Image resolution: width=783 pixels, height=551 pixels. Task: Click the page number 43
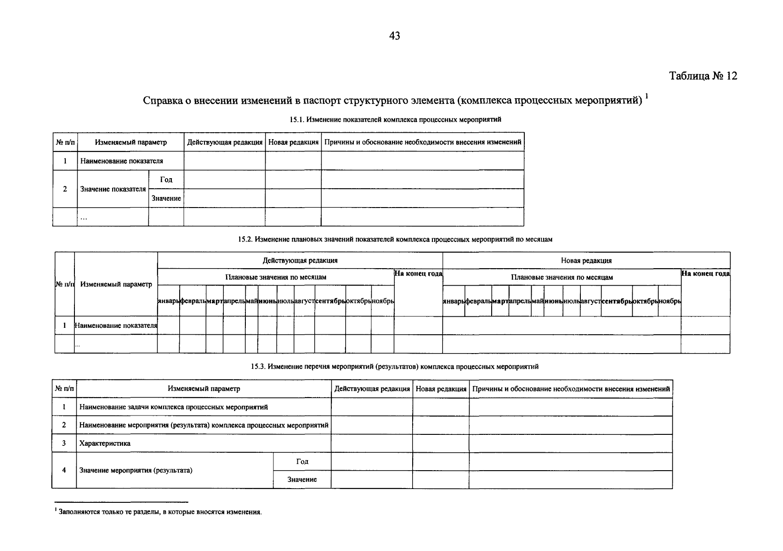[394, 36]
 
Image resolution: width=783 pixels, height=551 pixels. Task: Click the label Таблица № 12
[703, 76]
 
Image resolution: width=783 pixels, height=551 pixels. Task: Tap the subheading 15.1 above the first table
[395, 119]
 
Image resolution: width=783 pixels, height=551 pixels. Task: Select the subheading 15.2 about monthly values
[395, 240]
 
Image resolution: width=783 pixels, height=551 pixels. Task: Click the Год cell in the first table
[166, 180]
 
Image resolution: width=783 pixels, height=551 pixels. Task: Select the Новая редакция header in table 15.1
[293, 142]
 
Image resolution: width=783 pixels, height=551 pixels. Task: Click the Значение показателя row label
[113, 189]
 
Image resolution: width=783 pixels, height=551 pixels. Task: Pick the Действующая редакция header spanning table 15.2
[300, 260]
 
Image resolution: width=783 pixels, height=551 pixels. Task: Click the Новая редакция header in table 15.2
[586, 260]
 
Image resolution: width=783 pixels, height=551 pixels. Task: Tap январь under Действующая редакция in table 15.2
[168, 301]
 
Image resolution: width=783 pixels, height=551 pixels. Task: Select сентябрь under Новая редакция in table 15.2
[617, 301]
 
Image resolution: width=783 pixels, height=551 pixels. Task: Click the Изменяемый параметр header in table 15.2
[116, 284]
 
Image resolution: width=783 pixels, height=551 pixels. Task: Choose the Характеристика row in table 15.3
[105, 444]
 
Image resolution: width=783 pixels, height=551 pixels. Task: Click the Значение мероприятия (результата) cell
[136, 470]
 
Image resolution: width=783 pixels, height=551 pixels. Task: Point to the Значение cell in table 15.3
[302, 479]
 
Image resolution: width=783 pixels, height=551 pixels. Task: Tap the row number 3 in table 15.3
[64, 444]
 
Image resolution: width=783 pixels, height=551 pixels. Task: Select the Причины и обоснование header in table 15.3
[571, 389]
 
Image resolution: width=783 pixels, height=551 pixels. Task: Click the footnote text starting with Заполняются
[159, 512]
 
